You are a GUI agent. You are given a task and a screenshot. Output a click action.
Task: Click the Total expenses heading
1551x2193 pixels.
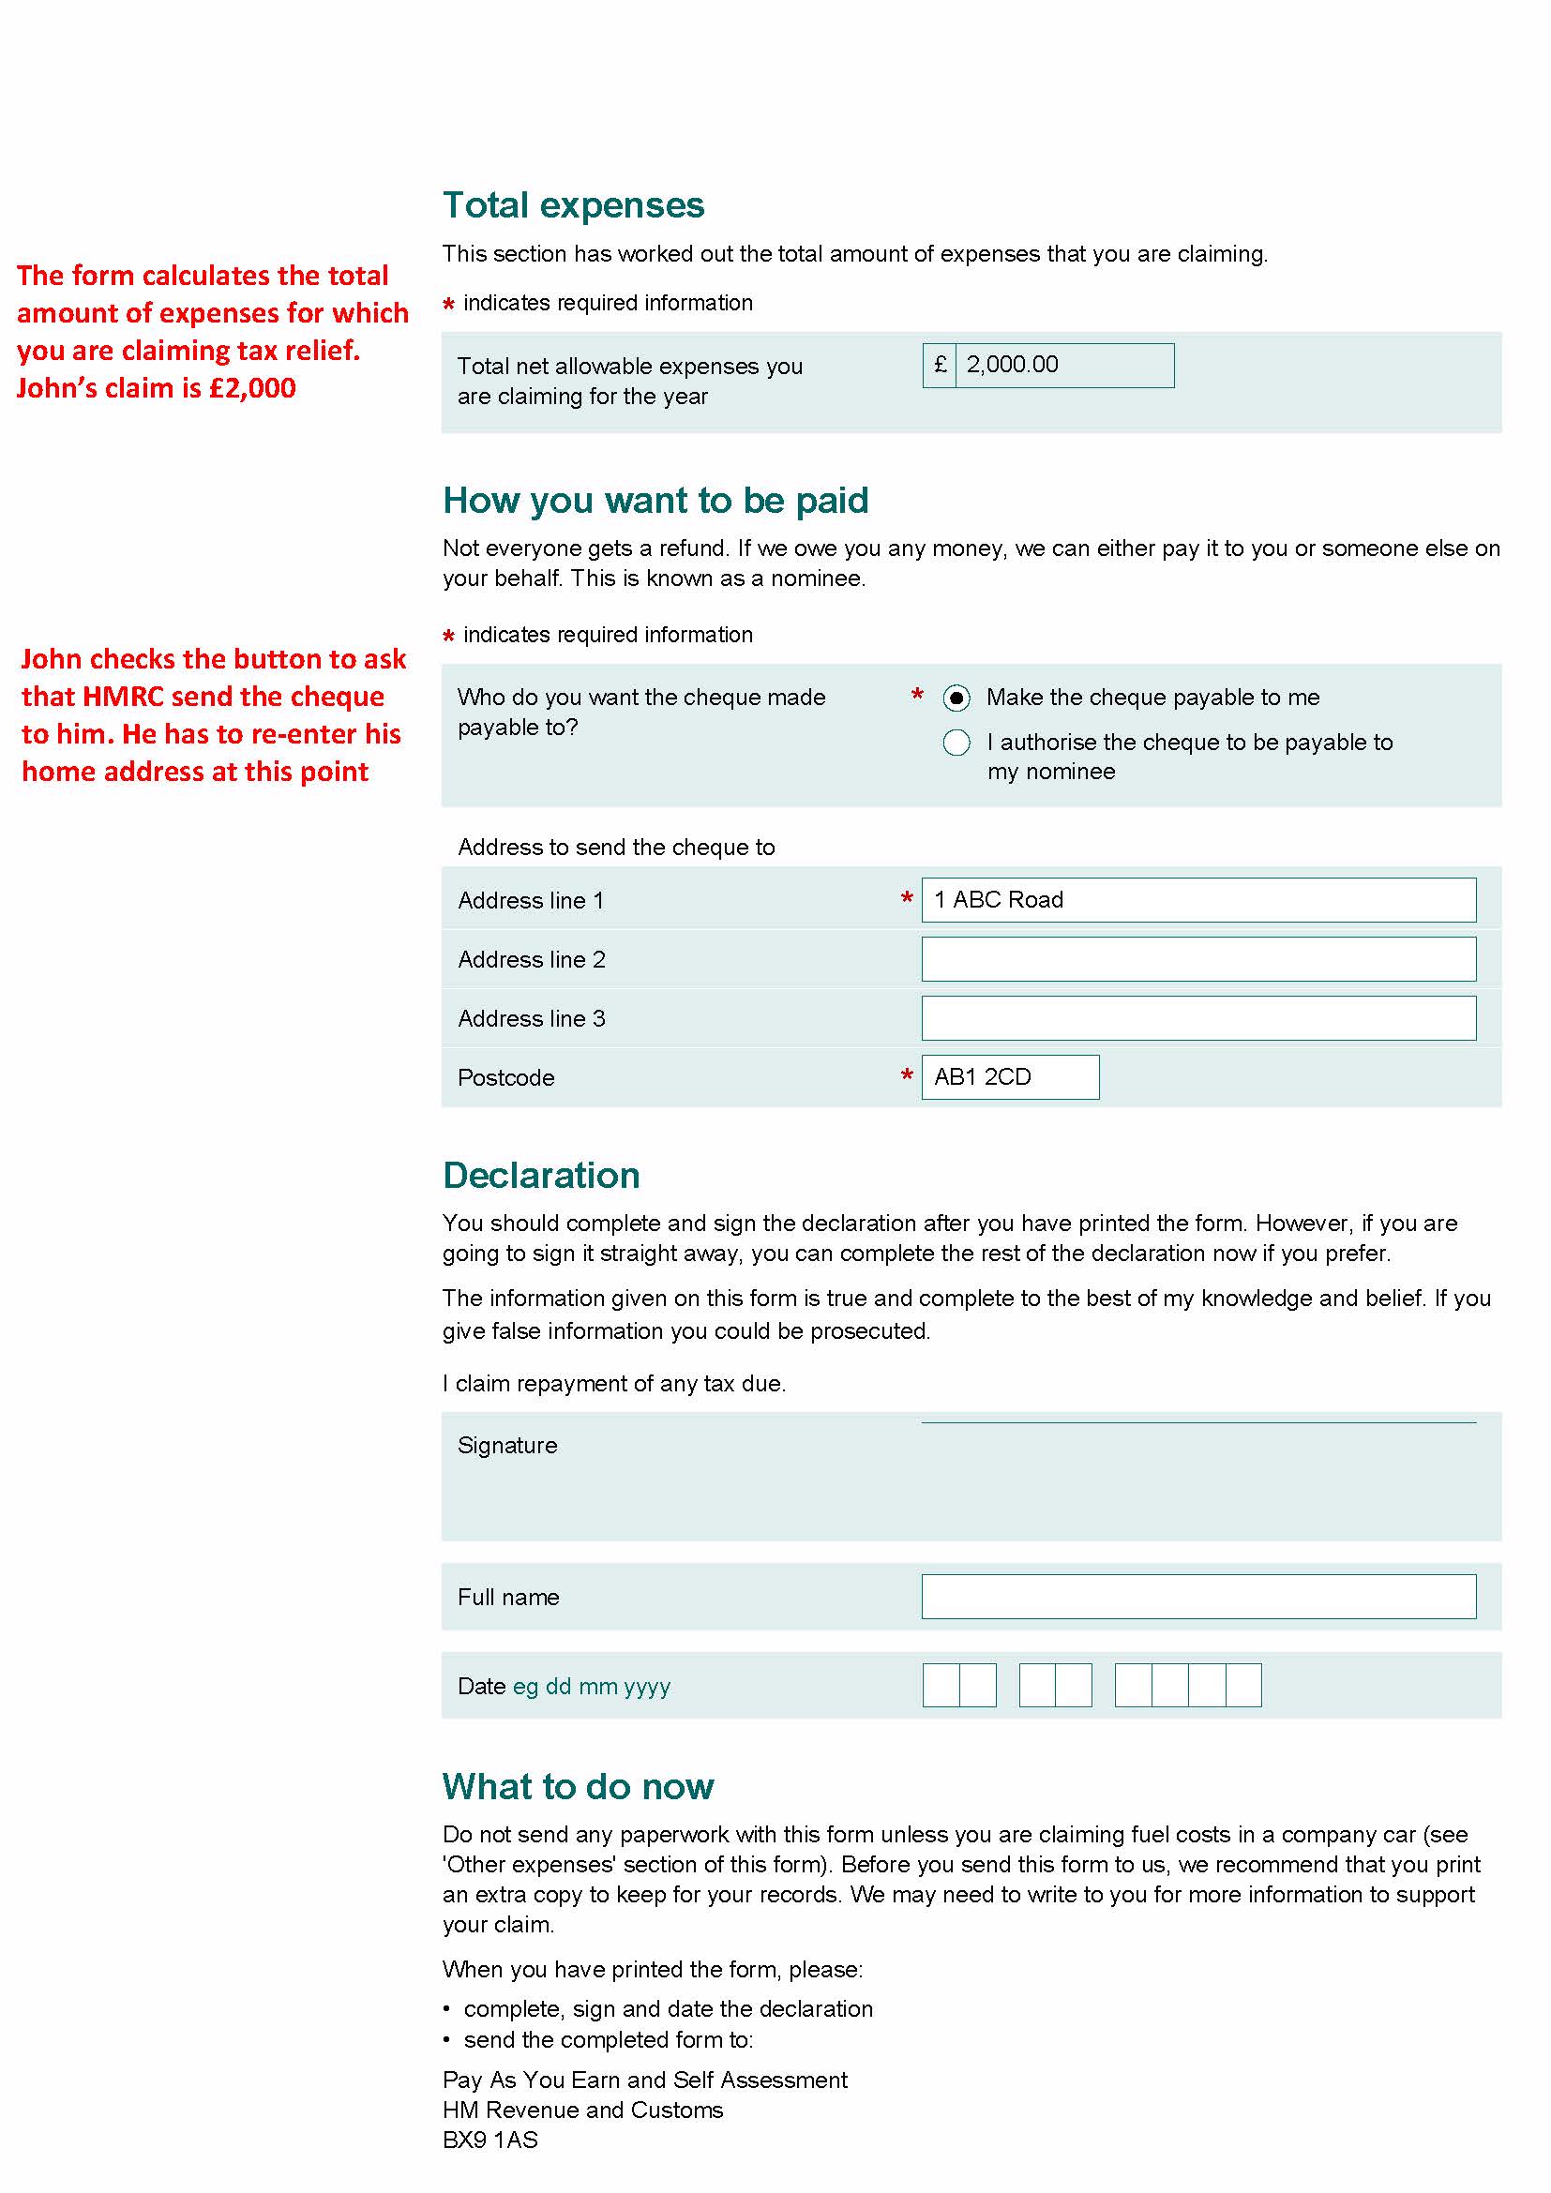click(x=573, y=205)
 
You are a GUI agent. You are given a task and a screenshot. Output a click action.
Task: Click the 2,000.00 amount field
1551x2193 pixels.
click(x=1064, y=365)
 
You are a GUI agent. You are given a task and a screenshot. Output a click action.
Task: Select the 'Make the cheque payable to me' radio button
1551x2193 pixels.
click(x=956, y=698)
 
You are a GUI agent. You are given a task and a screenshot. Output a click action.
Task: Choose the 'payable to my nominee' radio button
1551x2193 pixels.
click(x=956, y=744)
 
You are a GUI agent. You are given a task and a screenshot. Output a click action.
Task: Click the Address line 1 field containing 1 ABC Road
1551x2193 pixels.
click(x=1197, y=900)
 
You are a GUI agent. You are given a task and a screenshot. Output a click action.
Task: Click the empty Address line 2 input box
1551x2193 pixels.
click(x=1197, y=959)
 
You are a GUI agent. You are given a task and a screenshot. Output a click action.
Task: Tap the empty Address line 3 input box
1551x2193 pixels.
click(x=1197, y=1018)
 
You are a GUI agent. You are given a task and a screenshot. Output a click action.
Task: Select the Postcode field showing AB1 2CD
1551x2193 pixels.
click(x=1010, y=1077)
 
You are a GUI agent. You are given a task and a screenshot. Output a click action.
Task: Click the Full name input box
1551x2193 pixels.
click(x=1197, y=1597)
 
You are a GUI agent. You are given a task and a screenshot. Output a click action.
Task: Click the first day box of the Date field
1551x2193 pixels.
click(x=941, y=1686)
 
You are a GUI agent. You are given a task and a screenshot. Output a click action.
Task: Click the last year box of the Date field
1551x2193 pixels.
click(x=1242, y=1686)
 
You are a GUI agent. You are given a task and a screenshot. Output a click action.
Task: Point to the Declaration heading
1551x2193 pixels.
click(x=540, y=1176)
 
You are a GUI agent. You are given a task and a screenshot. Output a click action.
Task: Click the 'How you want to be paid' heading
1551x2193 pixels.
click(x=655, y=501)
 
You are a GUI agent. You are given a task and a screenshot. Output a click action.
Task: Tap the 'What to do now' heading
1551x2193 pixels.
click(x=578, y=1787)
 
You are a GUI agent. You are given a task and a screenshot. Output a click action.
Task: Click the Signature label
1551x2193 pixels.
click(x=507, y=1446)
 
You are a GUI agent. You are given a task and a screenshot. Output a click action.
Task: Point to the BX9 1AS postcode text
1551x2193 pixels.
click(x=489, y=2140)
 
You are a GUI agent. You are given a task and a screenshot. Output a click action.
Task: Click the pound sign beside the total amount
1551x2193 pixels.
click(x=940, y=365)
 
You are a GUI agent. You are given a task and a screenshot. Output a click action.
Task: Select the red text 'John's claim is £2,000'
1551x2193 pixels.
click(x=157, y=388)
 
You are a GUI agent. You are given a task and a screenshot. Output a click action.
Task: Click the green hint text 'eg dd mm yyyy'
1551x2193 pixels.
click(x=591, y=1687)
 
